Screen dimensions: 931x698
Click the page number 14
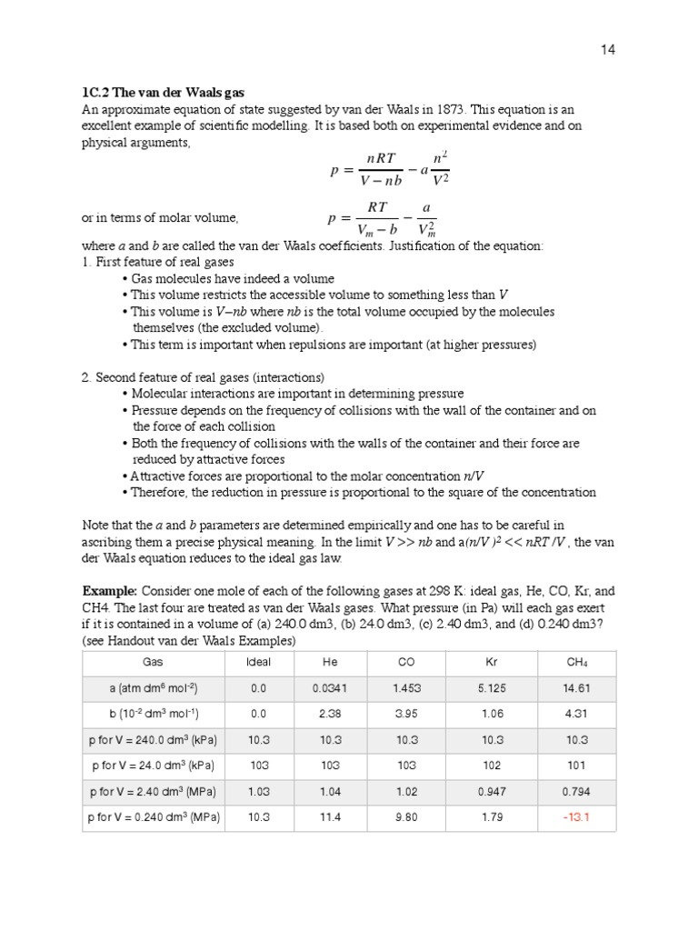[608, 50]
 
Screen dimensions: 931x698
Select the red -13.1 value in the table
[576, 817]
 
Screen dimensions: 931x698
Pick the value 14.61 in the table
[576, 689]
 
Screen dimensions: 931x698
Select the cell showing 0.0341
[330, 689]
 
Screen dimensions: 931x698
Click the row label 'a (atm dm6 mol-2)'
[153, 689]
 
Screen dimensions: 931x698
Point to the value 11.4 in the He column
[330, 817]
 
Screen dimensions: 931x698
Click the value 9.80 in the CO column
[407, 817]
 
